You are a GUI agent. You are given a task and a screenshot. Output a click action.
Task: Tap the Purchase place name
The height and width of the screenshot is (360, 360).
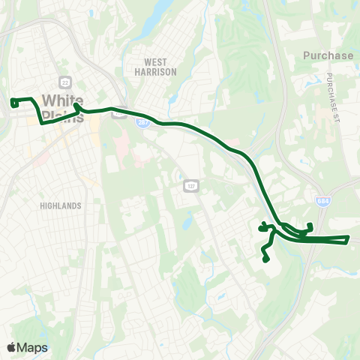(328, 55)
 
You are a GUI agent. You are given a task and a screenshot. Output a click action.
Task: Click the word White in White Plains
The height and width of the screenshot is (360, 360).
(63, 100)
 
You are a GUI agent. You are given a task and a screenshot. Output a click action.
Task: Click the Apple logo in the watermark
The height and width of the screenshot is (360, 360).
(12, 347)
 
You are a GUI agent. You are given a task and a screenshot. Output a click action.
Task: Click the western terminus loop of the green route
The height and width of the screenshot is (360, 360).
(13, 103)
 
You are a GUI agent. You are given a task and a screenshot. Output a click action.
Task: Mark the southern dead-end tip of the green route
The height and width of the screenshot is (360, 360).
(266, 260)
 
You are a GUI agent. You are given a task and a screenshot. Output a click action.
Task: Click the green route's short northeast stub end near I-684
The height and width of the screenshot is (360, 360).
(310, 225)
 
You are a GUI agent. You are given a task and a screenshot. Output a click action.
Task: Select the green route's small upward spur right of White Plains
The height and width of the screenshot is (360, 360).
(77, 106)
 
